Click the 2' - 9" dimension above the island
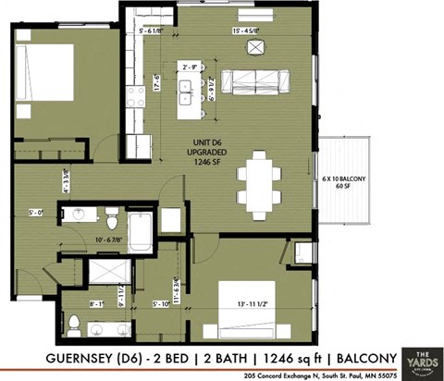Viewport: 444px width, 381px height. pyautogui.click(x=192, y=68)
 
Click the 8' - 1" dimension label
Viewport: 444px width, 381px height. pyautogui.click(x=96, y=302)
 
